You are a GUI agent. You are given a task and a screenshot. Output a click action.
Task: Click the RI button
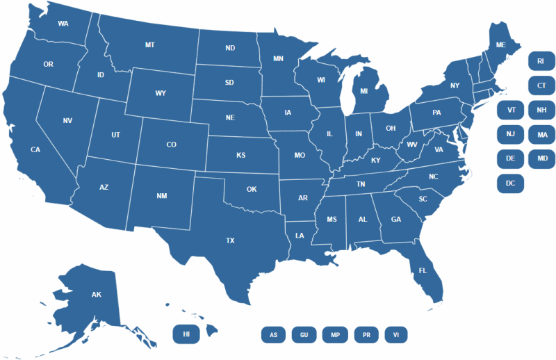(x=540, y=62)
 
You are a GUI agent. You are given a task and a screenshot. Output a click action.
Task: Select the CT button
(x=540, y=86)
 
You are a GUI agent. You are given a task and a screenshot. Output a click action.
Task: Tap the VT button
(x=511, y=110)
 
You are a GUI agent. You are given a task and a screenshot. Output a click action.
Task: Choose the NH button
(x=540, y=110)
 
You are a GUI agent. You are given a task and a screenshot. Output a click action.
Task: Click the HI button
(x=186, y=334)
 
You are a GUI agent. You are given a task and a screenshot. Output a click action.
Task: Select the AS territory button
(x=273, y=335)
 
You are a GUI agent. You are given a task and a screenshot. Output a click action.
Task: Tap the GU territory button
(x=304, y=335)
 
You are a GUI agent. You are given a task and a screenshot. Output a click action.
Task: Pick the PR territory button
(x=366, y=335)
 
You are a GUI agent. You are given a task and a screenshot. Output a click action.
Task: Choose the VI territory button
(x=396, y=335)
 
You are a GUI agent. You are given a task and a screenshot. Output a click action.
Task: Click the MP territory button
(x=335, y=335)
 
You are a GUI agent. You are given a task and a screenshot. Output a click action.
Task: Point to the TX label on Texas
(x=230, y=240)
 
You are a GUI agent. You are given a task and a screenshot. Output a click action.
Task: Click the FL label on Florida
(x=422, y=270)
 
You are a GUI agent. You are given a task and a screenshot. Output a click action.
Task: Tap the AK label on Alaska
(x=97, y=295)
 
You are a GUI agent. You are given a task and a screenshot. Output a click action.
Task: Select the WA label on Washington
(x=63, y=24)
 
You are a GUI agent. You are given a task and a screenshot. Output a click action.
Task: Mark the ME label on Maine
(x=500, y=44)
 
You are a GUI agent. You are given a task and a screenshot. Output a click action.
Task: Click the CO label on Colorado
(x=171, y=145)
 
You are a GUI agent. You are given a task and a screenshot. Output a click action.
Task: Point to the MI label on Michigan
(x=363, y=90)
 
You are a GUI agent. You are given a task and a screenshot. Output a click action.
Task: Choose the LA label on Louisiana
(x=300, y=236)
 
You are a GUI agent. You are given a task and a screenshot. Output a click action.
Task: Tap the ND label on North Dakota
(x=230, y=49)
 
